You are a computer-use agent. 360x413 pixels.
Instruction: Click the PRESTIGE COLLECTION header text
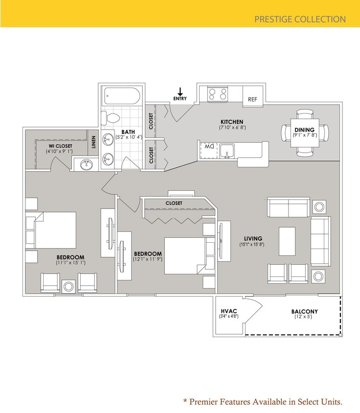coord(300,20)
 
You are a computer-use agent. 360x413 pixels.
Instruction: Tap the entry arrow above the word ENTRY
coord(180,92)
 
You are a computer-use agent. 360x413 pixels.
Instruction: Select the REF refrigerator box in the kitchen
coord(252,99)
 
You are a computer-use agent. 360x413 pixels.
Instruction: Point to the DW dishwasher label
coord(209,146)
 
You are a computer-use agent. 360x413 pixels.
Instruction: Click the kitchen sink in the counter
coord(227,151)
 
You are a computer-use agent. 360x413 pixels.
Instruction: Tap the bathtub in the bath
coord(122,96)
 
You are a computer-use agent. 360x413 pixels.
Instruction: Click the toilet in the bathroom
coord(111,118)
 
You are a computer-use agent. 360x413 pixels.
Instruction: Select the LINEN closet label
coord(93,142)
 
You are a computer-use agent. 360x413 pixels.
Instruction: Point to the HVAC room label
coord(228,311)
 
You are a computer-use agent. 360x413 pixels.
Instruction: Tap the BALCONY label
coord(304,311)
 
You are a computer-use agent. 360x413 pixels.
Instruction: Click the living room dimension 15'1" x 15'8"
coord(252,244)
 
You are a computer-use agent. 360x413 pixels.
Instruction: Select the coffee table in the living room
coord(287,241)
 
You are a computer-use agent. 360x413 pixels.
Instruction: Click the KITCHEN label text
coord(232,122)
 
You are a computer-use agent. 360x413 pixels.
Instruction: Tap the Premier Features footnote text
coord(263,402)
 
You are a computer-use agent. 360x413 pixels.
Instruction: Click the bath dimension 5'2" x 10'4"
coord(129,137)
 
